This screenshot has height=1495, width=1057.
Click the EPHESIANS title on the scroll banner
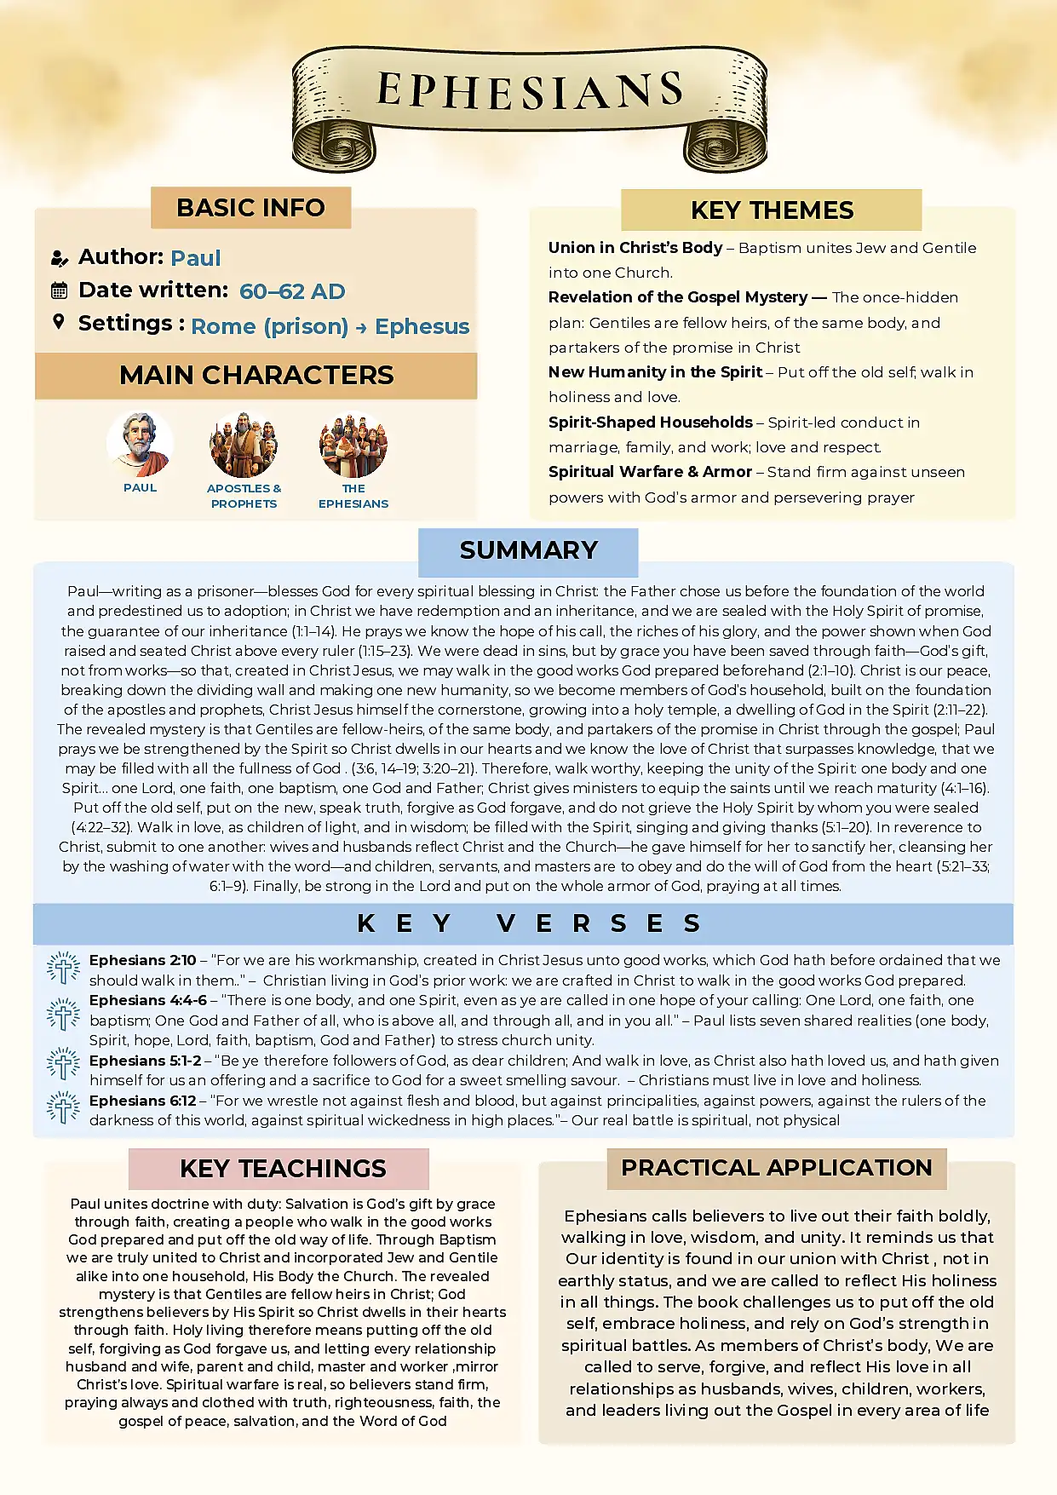click(x=530, y=91)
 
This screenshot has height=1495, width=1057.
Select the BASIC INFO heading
click(x=250, y=208)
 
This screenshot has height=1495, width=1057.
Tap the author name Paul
click(x=196, y=258)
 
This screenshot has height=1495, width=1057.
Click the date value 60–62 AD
click(x=292, y=291)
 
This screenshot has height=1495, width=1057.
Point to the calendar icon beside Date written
click(x=59, y=290)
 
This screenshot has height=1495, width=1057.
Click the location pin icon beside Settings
click(x=58, y=322)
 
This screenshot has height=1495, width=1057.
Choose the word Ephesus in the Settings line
click(x=422, y=326)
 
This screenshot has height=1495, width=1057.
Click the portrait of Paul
click(x=140, y=445)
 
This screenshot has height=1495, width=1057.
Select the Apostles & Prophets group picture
click(x=244, y=445)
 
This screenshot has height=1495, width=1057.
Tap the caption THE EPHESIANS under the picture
click(x=353, y=496)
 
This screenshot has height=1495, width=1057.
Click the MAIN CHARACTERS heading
click(x=256, y=375)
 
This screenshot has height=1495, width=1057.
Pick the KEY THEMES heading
click(x=772, y=210)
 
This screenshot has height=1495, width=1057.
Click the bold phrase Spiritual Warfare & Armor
click(x=650, y=472)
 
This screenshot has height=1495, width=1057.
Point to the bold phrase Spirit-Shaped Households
click(x=650, y=423)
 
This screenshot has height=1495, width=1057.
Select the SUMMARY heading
click(x=528, y=550)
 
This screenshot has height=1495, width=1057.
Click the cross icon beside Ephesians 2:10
click(x=63, y=969)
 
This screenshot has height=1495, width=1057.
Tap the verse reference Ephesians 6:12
click(x=142, y=1101)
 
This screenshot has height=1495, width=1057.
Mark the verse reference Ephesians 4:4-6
click(x=147, y=1000)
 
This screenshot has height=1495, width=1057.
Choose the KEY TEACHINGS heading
click(x=283, y=1169)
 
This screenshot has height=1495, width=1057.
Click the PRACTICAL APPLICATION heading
click(x=776, y=1168)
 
